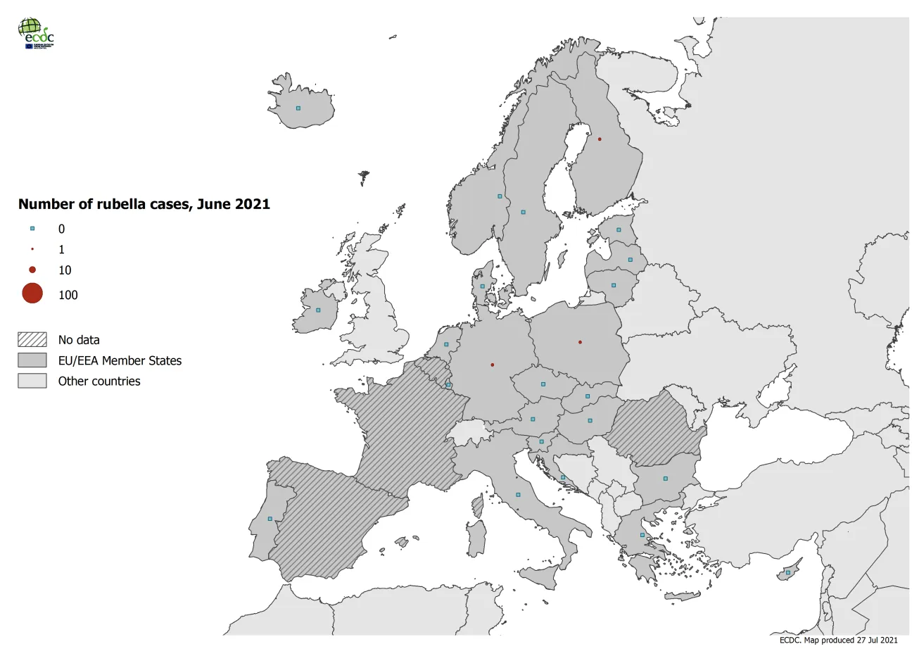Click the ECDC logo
click(x=36, y=33)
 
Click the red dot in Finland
click(x=600, y=139)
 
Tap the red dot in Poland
click(x=580, y=343)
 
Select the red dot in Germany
click(x=492, y=365)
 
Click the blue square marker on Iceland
click(x=298, y=108)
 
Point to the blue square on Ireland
click(x=318, y=310)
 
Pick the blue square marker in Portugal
click(x=270, y=519)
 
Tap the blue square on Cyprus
click(x=788, y=573)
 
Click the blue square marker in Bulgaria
click(x=665, y=479)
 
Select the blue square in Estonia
click(x=619, y=230)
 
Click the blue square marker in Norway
click(x=500, y=196)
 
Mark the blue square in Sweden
click(x=523, y=212)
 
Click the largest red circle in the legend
click(x=32, y=294)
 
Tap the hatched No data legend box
click(x=32, y=340)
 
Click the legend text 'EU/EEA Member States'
click(x=120, y=361)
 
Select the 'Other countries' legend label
click(x=99, y=381)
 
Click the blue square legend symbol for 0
click(x=32, y=229)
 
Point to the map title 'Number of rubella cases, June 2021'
click(x=144, y=204)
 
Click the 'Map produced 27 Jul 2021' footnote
click(x=838, y=641)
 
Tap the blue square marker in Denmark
click(x=483, y=286)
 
